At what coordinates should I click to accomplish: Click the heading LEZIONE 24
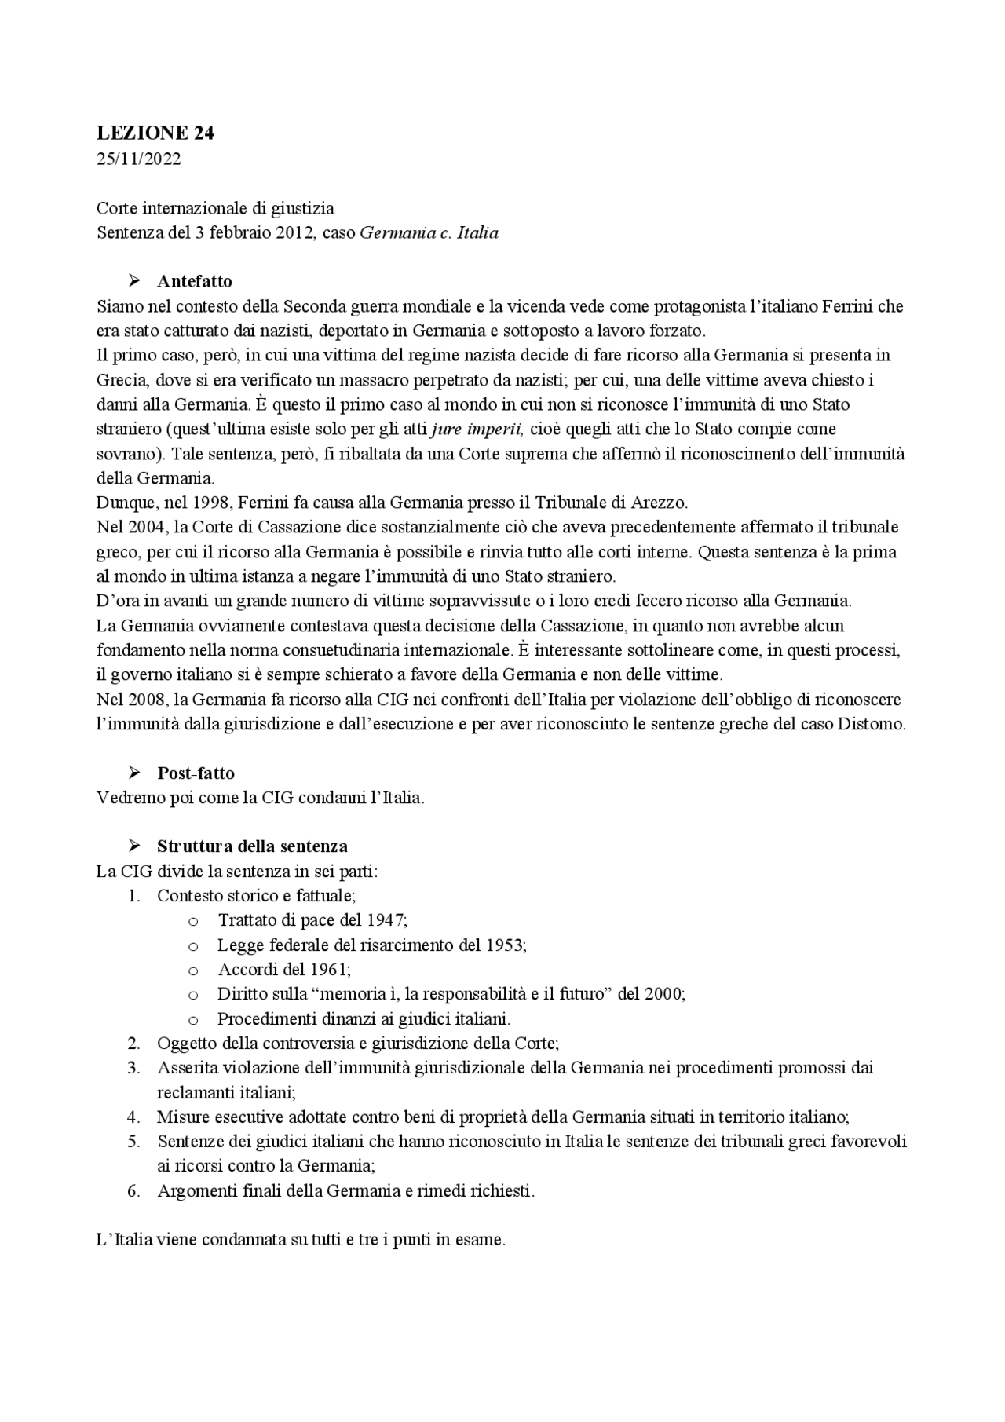coord(155,133)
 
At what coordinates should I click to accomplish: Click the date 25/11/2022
coord(139,159)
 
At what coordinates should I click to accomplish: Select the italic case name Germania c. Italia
coord(429,233)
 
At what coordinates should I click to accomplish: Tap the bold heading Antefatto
coord(194,281)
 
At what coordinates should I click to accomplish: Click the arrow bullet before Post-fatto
coord(134,773)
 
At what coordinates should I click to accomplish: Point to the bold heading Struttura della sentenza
coord(252,846)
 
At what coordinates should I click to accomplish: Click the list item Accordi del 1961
coord(284,969)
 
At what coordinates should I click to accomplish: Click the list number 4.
coord(133,1117)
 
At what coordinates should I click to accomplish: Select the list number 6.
coord(133,1190)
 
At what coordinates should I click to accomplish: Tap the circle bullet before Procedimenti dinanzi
coord(193,1019)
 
